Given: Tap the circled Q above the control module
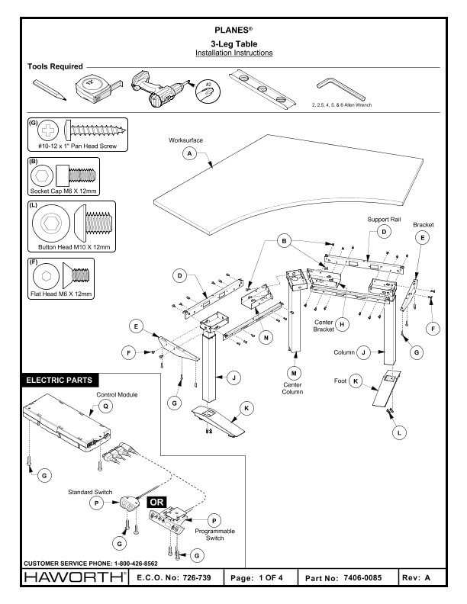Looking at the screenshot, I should click(x=106, y=406).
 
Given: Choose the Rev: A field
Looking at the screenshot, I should click(x=430, y=579).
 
